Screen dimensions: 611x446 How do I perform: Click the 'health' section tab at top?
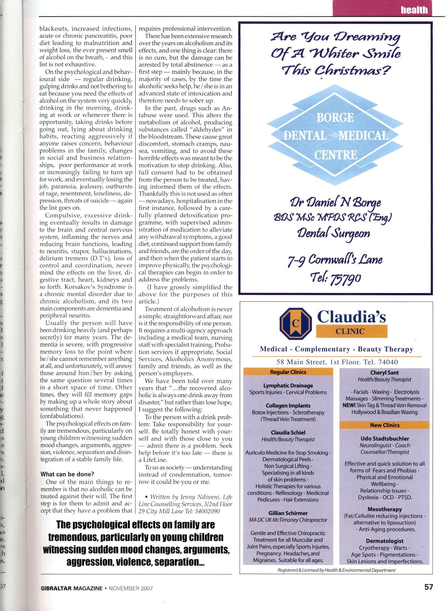[x=414, y=10]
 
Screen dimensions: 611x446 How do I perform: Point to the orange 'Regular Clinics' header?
[x=288, y=372]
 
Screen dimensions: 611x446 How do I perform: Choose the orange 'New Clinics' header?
[x=384, y=425]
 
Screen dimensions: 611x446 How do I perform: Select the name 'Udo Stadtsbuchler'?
[x=384, y=439]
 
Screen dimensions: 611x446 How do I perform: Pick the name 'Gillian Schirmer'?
[x=288, y=513]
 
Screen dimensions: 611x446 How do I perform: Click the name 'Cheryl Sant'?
[x=384, y=373]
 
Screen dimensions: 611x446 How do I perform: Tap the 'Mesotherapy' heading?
[x=384, y=509]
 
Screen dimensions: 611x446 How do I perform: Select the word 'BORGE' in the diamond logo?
[x=335, y=118]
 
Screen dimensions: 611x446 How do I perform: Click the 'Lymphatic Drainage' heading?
[x=288, y=386]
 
